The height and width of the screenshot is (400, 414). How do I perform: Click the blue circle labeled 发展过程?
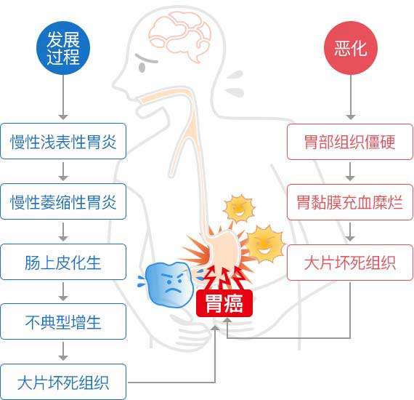click(63, 48)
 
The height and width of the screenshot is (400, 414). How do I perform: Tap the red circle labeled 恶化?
click(351, 48)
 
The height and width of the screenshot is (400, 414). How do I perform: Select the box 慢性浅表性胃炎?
click(63, 141)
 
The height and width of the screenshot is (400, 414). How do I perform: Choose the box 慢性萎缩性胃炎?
click(63, 201)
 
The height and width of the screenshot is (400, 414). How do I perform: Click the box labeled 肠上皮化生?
click(63, 262)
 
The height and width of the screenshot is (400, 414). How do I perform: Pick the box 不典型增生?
click(63, 321)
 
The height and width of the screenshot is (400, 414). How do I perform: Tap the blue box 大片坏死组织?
click(63, 382)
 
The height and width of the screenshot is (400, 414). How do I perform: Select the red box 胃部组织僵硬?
click(350, 142)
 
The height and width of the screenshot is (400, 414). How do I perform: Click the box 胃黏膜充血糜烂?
click(350, 202)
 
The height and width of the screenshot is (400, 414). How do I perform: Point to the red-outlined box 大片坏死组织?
click(350, 263)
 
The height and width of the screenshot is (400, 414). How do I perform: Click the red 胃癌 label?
click(224, 303)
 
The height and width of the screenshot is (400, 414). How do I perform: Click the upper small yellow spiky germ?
click(239, 208)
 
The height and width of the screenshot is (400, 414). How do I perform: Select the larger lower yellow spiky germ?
click(265, 244)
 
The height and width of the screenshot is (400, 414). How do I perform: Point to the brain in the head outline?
click(179, 37)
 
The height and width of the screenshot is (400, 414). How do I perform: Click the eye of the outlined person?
click(142, 68)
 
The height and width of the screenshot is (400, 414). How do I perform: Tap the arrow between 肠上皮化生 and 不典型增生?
click(63, 292)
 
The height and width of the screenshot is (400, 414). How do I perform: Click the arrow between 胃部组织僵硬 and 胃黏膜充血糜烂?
click(350, 172)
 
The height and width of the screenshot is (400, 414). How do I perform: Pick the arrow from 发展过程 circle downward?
click(63, 97)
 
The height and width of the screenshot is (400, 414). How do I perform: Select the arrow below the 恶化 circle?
click(351, 97)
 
